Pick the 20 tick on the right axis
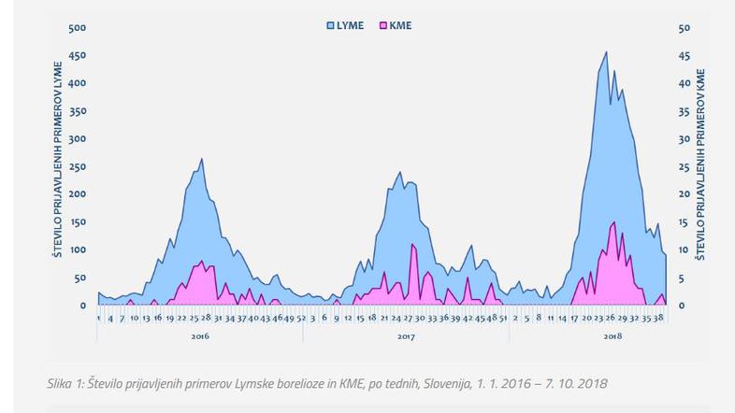(x=684, y=194)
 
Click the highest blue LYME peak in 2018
(x=606, y=53)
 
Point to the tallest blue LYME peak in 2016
(x=201, y=160)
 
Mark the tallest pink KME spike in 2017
(x=412, y=246)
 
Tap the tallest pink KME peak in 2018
(x=613, y=223)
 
